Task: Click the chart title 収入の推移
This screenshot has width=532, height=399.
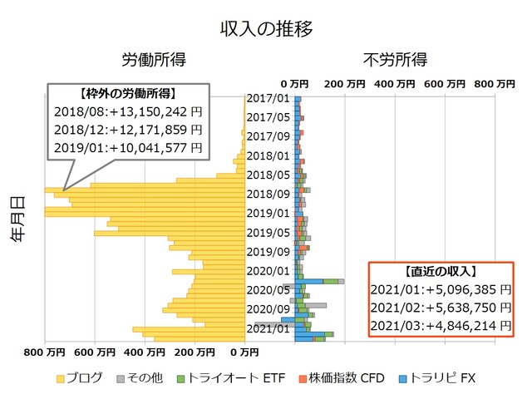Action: point(266,28)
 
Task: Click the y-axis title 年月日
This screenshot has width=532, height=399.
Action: point(17,219)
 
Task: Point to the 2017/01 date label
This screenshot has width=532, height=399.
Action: point(268,98)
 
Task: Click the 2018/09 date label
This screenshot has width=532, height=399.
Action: point(268,194)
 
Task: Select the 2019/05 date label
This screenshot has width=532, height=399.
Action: point(268,232)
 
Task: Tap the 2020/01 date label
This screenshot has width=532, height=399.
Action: point(268,270)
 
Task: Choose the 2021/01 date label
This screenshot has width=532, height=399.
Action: point(268,328)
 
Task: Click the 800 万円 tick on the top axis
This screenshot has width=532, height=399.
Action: point(494,84)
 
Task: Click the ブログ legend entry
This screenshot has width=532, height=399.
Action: point(80,378)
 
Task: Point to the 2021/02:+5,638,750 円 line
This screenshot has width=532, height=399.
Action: point(441,308)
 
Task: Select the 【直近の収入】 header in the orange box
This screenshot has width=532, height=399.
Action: point(441,271)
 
